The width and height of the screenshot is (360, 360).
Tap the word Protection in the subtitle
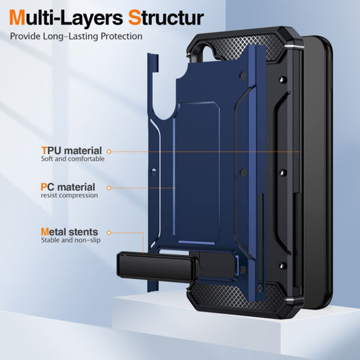120,37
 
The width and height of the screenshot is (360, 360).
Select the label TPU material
71,151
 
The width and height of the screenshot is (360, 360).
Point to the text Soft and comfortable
73,160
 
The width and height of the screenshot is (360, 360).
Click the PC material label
68,187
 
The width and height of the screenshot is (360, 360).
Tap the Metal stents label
69,232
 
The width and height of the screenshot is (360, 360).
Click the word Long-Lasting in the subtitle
74,37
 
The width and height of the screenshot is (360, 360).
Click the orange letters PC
47,187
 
